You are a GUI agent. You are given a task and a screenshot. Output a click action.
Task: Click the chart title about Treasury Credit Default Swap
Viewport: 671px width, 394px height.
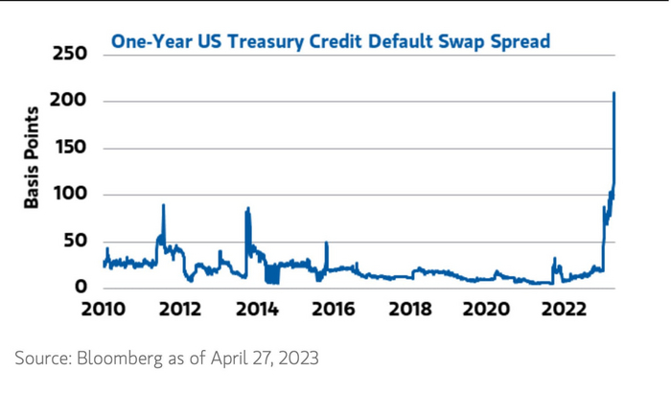331,41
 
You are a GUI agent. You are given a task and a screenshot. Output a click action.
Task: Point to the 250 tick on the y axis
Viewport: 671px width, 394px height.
69,55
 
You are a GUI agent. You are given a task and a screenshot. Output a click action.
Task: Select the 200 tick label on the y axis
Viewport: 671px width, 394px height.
69,101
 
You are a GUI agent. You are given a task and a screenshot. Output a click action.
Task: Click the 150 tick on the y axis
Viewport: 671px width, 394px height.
69,148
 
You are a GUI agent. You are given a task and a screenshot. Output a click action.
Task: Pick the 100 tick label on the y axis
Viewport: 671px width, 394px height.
69,195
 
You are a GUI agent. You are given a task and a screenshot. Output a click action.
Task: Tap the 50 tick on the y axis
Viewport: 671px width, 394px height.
75,241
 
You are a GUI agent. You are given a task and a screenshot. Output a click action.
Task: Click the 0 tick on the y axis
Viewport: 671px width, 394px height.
81,287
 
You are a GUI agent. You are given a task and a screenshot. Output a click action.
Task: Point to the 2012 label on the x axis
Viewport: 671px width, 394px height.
179,310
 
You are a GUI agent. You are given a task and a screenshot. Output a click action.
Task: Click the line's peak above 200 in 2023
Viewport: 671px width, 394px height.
613,93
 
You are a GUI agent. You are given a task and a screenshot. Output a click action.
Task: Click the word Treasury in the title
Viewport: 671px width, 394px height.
243,41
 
